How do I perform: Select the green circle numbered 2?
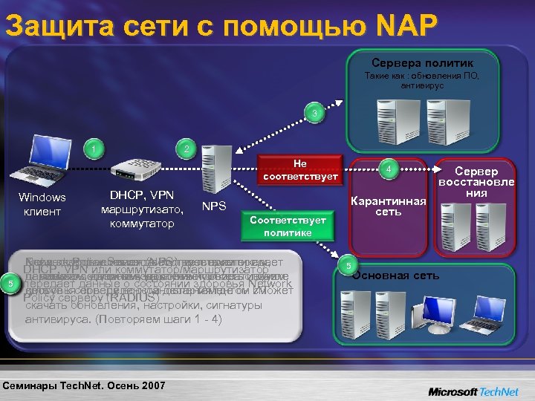click(x=187, y=149)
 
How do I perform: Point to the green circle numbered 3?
click(x=315, y=114)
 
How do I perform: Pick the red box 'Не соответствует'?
click(x=299, y=169)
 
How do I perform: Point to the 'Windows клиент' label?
click(x=42, y=204)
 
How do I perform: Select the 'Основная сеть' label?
click(x=395, y=276)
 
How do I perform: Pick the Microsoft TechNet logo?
click(x=474, y=391)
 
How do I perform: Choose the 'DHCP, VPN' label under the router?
click(x=137, y=195)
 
